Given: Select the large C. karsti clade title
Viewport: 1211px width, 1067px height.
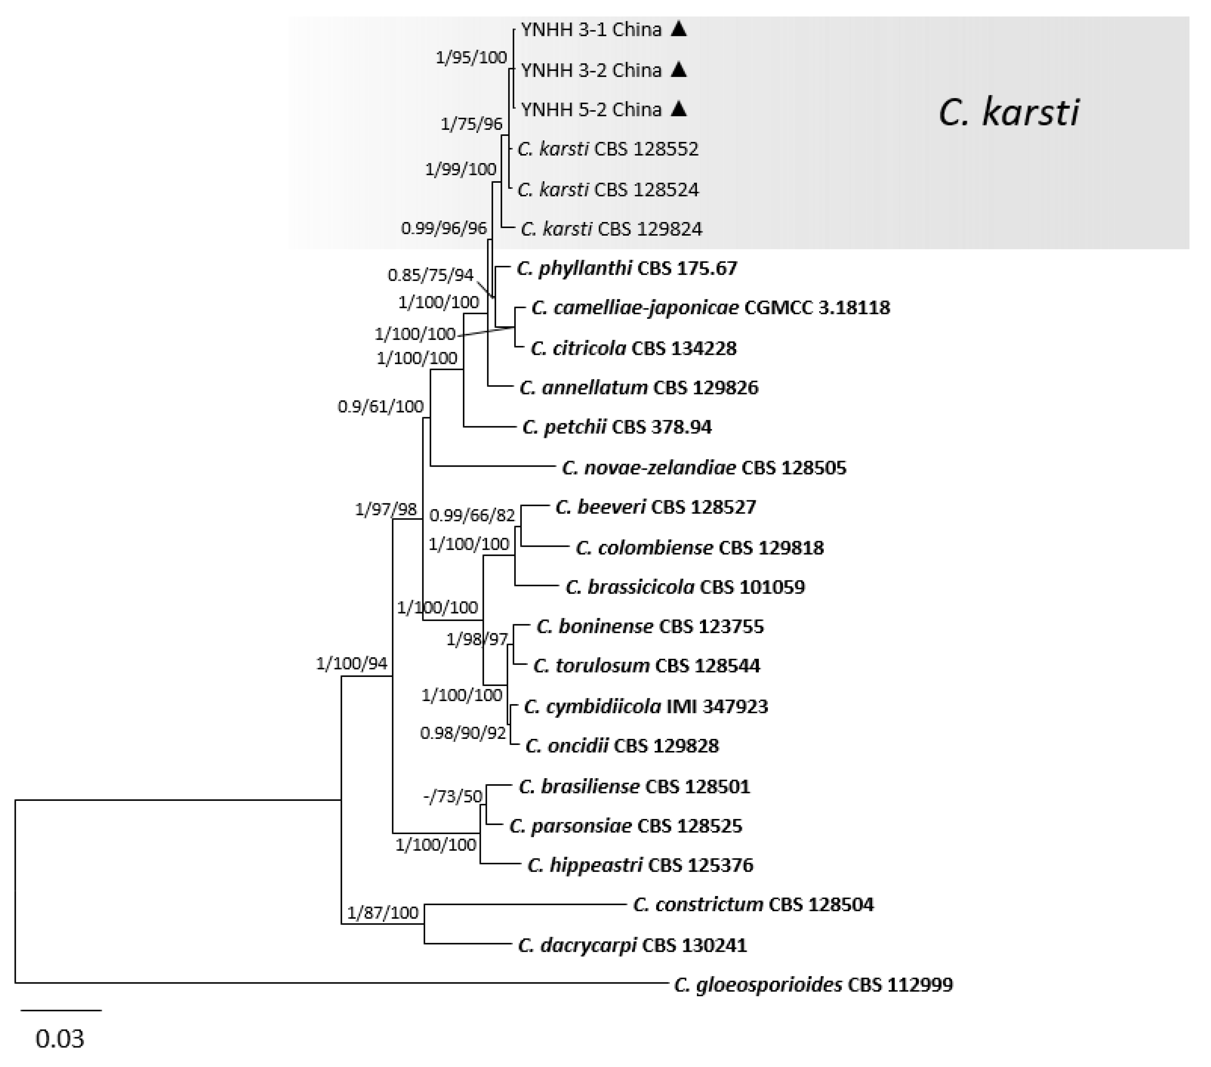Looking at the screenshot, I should click(x=1009, y=113).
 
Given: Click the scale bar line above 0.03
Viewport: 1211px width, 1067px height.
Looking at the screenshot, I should click(x=61, y=1010).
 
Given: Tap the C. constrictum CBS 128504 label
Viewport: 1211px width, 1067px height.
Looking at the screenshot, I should click(x=753, y=904).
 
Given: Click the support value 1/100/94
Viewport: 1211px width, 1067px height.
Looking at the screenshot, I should click(x=352, y=663).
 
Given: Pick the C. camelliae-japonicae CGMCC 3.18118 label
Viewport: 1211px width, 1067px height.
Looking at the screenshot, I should click(x=710, y=307).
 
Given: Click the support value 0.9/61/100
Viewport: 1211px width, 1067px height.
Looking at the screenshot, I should click(x=381, y=406).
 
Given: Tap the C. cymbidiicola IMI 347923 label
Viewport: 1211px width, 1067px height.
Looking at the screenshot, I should click(x=646, y=706).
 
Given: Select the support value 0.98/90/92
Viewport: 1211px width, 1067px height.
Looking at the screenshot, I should click(x=463, y=734).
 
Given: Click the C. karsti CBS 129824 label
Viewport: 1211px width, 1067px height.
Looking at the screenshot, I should click(x=612, y=229).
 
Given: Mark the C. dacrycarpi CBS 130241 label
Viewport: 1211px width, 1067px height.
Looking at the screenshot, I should click(x=632, y=945).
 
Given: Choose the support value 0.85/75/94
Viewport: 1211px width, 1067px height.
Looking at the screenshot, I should click(x=431, y=275).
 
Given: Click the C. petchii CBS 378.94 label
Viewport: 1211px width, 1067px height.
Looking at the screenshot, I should click(x=617, y=427).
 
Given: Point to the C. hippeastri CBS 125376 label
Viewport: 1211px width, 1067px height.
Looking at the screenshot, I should click(x=640, y=865).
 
